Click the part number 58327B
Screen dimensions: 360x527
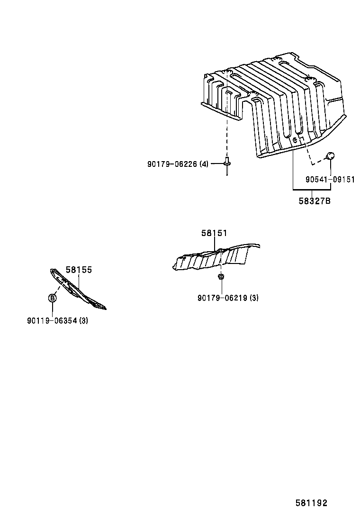click(315, 201)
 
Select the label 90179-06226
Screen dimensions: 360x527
click(172, 164)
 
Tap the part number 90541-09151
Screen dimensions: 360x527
click(330, 180)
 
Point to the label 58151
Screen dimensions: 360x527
click(214, 233)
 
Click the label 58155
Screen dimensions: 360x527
click(79, 270)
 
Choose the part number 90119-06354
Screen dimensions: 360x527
click(52, 321)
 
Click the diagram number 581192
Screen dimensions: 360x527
click(311, 503)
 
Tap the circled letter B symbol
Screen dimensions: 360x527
click(53, 298)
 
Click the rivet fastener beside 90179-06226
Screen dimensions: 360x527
click(227, 165)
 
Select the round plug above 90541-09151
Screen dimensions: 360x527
click(331, 155)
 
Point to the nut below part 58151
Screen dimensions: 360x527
click(221, 277)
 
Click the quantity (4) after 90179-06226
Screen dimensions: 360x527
click(204, 164)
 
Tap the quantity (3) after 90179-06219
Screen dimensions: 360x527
click(254, 298)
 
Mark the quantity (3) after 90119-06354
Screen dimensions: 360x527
click(84, 321)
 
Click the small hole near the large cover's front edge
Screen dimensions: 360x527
click(295, 140)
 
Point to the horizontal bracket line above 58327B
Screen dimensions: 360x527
click(312, 190)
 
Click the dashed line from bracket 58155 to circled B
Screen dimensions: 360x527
click(58, 289)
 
